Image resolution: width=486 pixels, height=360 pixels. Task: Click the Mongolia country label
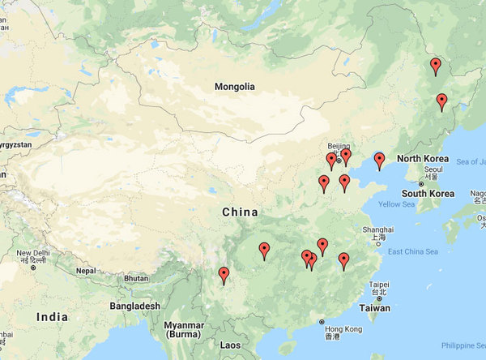(234, 87)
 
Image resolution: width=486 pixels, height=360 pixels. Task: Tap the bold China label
(240, 212)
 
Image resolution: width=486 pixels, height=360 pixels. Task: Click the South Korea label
(427, 194)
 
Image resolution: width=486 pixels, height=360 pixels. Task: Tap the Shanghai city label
(379, 229)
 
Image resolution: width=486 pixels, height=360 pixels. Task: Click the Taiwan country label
(374, 308)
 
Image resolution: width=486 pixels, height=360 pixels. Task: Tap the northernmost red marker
(436, 65)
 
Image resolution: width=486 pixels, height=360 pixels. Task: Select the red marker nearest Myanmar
(224, 275)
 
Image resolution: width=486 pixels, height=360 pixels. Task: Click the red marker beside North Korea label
(379, 160)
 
